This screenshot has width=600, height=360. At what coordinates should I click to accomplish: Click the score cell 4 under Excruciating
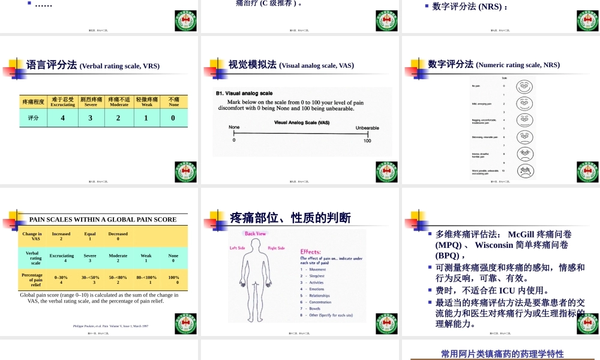click(x=62, y=118)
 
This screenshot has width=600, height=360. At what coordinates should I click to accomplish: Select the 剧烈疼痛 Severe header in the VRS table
click(x=91, y=101)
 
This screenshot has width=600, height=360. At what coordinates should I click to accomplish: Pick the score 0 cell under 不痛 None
click(x=173, y=118)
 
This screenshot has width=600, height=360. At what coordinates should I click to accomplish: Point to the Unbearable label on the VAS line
click(x=367, y=128)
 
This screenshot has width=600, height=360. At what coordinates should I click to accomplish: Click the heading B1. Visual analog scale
click(x=244, y=94)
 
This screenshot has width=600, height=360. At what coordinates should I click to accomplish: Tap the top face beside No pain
click(x=524, y=86)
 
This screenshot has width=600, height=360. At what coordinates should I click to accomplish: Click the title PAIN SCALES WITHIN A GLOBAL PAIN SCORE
click(x=103, y=220)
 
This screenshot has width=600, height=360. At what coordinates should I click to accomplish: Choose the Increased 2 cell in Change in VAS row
click(x=61, y=236)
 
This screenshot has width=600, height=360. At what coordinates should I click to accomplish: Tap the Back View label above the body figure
click(x=256, y=234)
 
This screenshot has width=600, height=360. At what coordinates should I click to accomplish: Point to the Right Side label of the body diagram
click(x=276, y=248)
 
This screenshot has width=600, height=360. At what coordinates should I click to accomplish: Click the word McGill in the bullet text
click(x=519, y=235)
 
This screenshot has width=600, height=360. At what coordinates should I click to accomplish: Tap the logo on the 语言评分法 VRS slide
click(x=185, y=173)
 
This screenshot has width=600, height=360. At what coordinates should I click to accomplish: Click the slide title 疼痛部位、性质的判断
click(x=290, y=218)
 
